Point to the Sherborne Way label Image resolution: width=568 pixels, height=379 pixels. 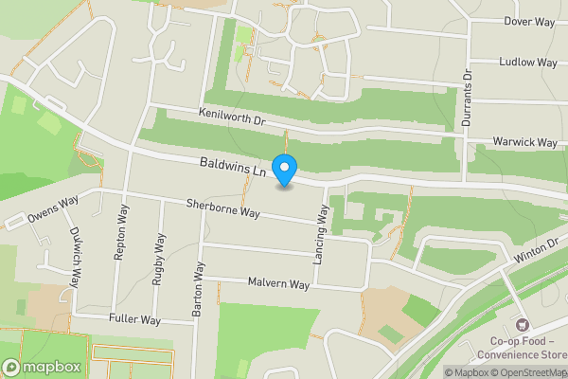tap(222, 208)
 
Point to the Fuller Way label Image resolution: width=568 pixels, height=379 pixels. tap(135, 319)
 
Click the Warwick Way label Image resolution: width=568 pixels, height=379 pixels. tap(524, 142)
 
